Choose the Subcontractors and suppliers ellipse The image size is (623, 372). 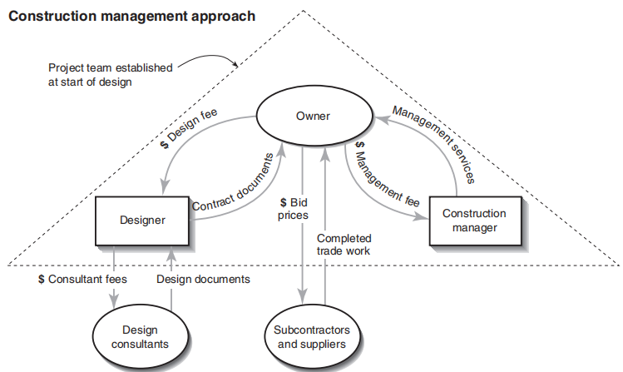tap(313, 337)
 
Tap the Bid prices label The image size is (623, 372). tap(294, 209)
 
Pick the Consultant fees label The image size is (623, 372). tap(83, 279)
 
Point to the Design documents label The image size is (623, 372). tap(203, 279)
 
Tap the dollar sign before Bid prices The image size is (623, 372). tap(283, 202)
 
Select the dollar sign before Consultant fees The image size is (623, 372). tap(42, 279)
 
